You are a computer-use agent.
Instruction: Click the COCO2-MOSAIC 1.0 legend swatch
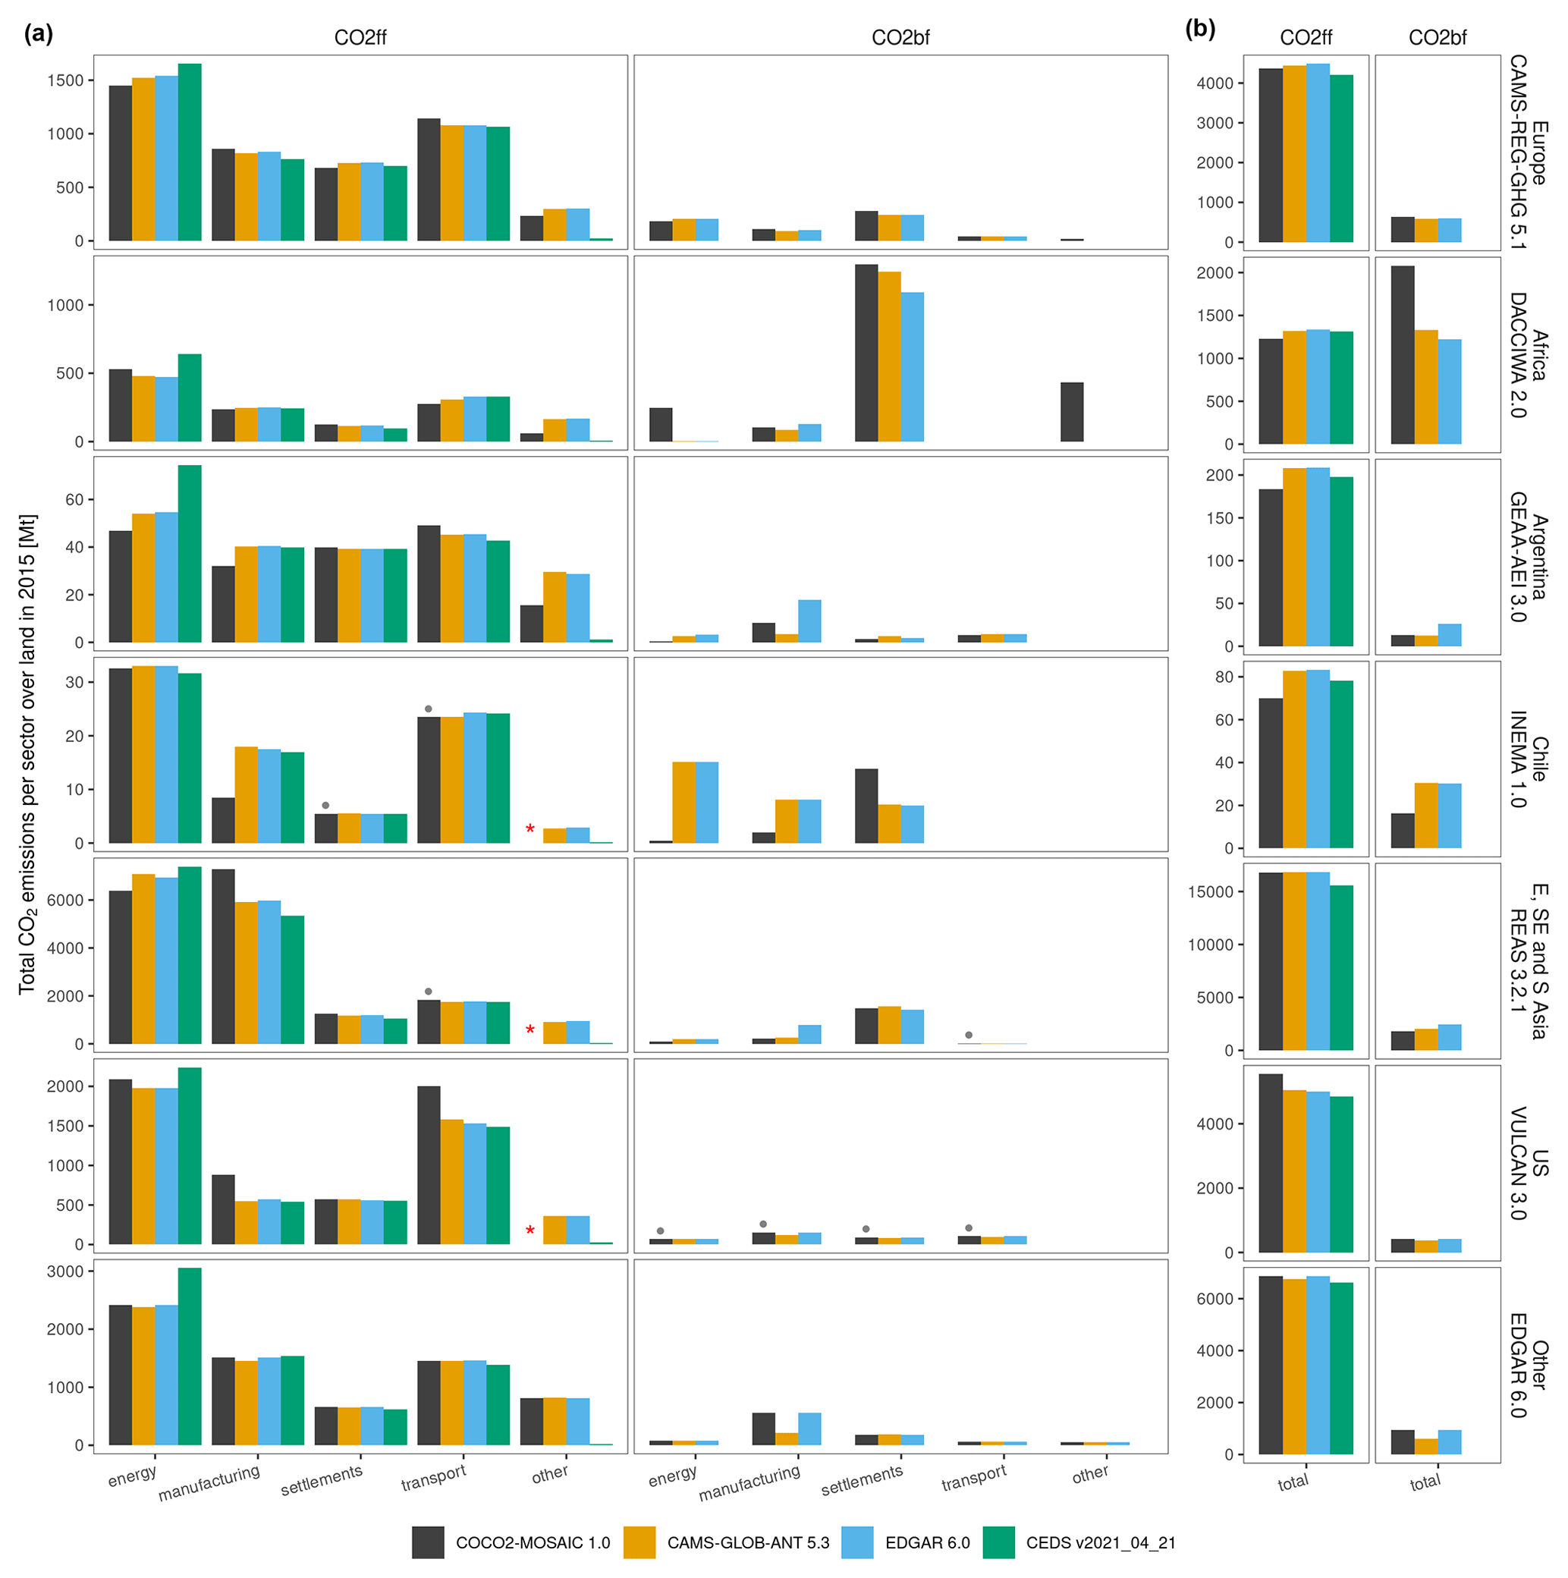pos(428,1542)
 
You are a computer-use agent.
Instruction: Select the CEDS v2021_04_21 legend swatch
pos(998,1542)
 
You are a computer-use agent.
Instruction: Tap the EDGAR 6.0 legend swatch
pos(856,1542)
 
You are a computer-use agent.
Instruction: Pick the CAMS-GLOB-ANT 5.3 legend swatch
pos(639,1542)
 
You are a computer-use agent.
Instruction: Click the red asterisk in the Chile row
pos(530,830)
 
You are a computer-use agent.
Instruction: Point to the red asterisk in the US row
pos(530,1231)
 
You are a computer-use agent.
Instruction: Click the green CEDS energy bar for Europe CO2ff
pos(190,152)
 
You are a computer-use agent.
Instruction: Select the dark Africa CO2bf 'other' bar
pos(1071,412)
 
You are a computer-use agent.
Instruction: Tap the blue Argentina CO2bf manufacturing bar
pos(809,621)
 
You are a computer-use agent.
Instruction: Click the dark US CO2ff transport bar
pos(429,1165)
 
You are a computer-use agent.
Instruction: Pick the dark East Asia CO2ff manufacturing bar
pos(223,957)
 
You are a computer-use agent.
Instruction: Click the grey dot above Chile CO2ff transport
pos(429,709)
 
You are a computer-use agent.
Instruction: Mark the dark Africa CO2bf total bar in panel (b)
pos(1402,355)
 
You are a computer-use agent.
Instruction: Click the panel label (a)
pos(39,33)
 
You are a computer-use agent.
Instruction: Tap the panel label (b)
pos(1199,30)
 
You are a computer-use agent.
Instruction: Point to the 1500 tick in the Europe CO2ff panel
pos(65,80)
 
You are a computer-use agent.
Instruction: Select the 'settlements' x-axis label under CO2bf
pos(862,1480)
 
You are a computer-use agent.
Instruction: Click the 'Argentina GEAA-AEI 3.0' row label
pos(1527,556)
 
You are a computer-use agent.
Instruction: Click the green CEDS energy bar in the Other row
pos(190,1356)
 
